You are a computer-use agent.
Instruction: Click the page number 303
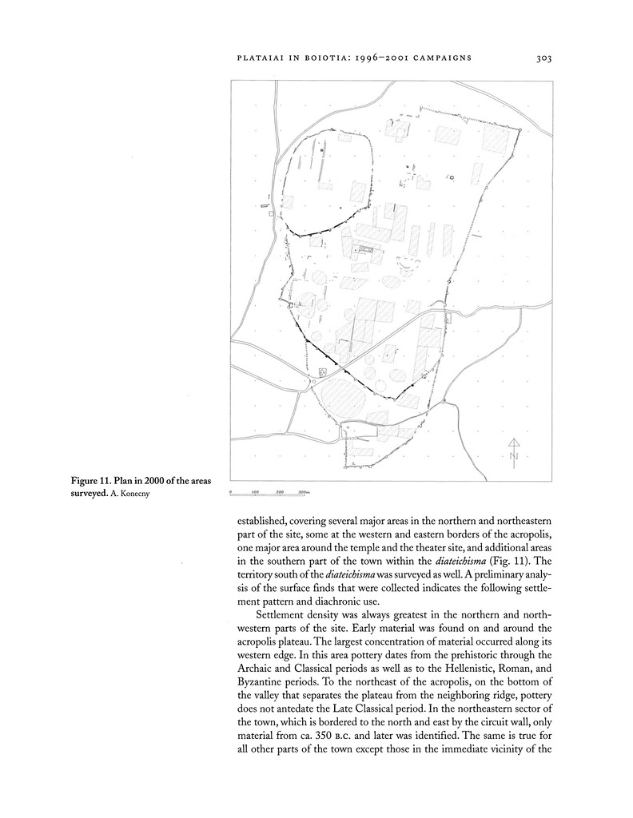pos(545,58)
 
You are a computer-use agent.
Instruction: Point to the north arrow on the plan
pos(514,444)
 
